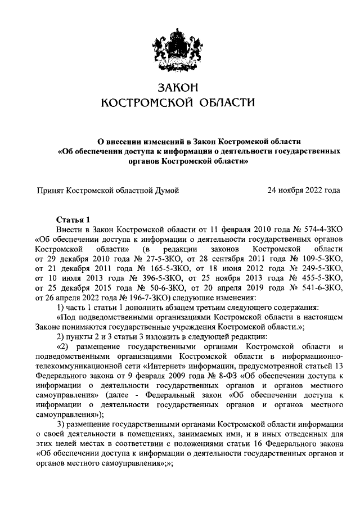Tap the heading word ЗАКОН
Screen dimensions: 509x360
click(178, 87)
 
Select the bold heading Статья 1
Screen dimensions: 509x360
click(73, 219)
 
